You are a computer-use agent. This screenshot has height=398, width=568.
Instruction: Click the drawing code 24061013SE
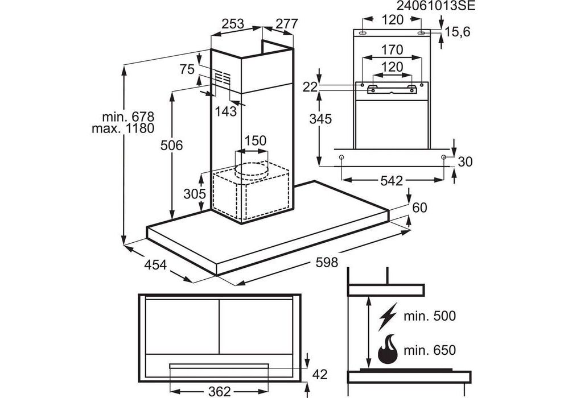pos(434,6)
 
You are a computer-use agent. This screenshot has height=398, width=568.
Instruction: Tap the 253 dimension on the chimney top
pos(232,24)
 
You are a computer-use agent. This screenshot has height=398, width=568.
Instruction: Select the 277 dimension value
pos(287,24)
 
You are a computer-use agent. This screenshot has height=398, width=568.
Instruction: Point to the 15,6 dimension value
pos(458,32)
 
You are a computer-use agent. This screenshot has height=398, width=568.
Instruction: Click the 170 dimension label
pos(392,49)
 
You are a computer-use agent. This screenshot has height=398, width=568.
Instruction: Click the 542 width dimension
pos(392,181)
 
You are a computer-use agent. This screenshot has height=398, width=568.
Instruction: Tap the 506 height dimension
pos(171,146)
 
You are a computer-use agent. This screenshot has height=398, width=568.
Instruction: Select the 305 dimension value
pos(195,194)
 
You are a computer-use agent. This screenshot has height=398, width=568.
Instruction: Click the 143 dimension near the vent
pos(226,111)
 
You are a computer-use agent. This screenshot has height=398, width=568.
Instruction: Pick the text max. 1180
pos(123,128)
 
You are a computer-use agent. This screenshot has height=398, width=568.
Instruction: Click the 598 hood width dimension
pos(327,263)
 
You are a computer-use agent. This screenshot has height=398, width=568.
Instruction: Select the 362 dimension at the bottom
pos(219,391)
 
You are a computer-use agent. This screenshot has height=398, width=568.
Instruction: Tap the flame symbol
pos(388,350)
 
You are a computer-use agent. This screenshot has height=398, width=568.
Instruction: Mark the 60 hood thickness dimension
pos(419,208)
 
